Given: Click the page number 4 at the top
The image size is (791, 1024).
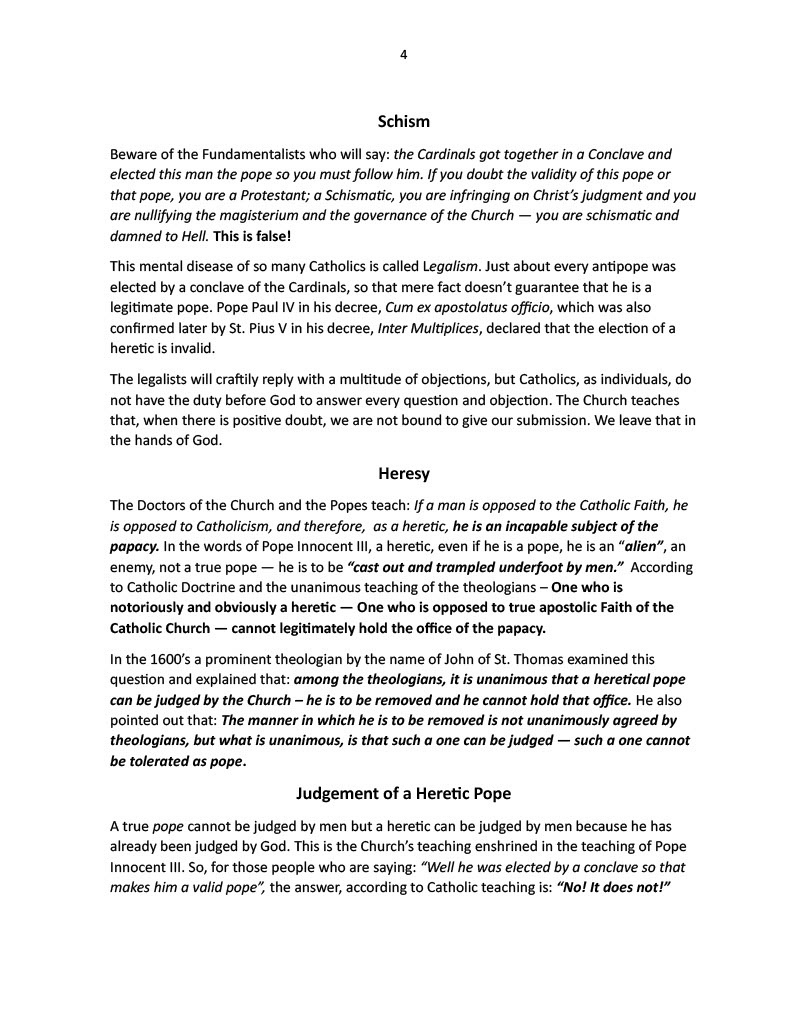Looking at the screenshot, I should [403, 55].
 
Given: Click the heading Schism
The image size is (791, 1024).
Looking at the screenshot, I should [403, 122].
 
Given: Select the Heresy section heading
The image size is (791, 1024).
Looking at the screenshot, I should [403, 471].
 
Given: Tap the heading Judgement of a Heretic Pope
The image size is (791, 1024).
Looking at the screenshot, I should [403, 794].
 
